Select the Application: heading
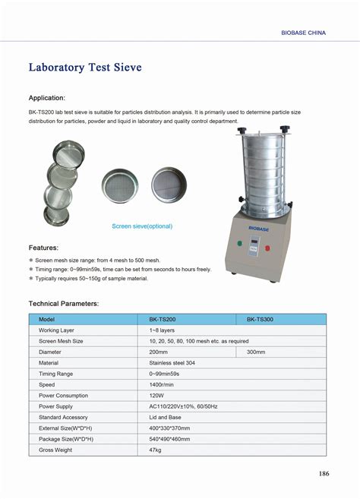[x=46, y=98]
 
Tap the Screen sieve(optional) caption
[x=142, y=226]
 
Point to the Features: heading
[x=43, y=248]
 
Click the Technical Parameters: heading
[x=64, y=303]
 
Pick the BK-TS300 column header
[x=260, y=320]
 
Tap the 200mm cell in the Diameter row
[x=159, y=352]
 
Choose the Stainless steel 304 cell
[x=172, y=363]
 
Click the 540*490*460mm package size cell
[x=169, y=440]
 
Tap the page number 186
[x=324, y=475]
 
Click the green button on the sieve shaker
[x=239, y=245]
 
